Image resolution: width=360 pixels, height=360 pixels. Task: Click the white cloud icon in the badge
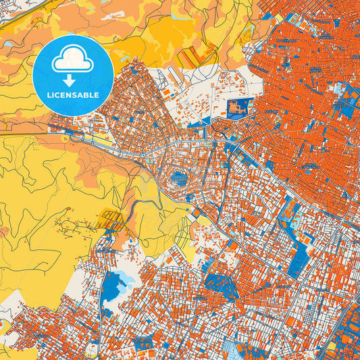[x=73, y=61]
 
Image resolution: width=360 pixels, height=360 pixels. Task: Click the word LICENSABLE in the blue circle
[x=73, y=95]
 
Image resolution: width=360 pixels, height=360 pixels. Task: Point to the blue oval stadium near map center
[x=180, y=179]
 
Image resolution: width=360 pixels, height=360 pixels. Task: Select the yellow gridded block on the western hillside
[x=110, y=219]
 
